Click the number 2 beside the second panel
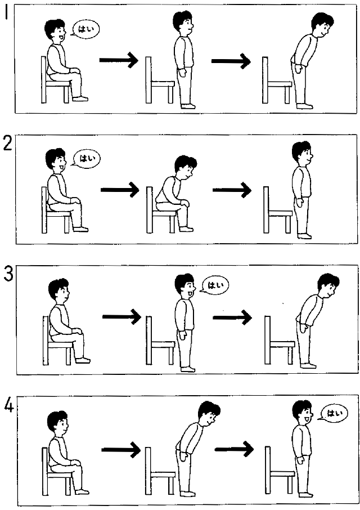[x=7, y=144]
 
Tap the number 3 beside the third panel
[x=8, y=274]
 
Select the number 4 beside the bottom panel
[x=9, y=405]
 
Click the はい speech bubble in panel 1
[x=84, y=29]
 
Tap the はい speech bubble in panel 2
[x=86, y=158]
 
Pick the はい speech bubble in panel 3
[x=215, y=285]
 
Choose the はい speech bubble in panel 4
[x=334, y=413]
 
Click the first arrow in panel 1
[x=119, y=60]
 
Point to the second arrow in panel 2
[x=232, y=190]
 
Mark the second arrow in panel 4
[x=234, y=449]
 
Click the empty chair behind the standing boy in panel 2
[x=277, y=210]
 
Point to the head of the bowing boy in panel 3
[x=328, y=285]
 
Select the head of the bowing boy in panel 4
[x=209, y=413]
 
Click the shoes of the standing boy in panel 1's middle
[x=188, y=106]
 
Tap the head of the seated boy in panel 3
[x=59, y=290]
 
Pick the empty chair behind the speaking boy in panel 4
[x=279, y=471]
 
